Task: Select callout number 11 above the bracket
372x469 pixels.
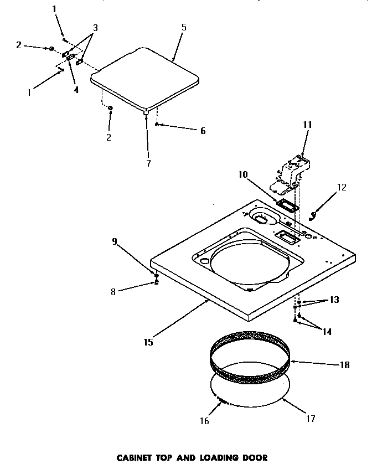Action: point(307,125)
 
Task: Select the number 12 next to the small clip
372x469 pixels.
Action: point(341,187)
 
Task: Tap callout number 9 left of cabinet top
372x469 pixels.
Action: point(115,241)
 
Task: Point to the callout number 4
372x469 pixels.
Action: point(76,90)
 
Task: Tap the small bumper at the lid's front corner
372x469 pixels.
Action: point(146,112)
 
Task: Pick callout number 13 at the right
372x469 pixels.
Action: point(334,300)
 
